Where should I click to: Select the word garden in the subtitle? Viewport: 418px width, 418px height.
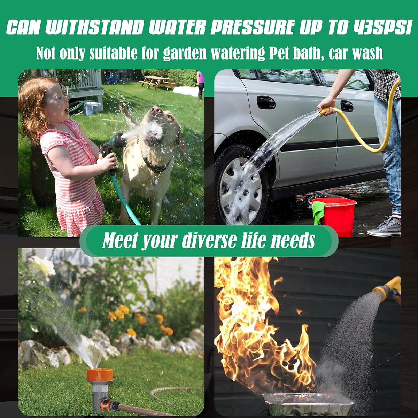[x=185, y=53]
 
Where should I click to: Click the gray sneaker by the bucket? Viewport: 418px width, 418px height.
[x=384, y=226]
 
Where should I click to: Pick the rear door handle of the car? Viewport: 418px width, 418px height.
[x=347, y=106]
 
